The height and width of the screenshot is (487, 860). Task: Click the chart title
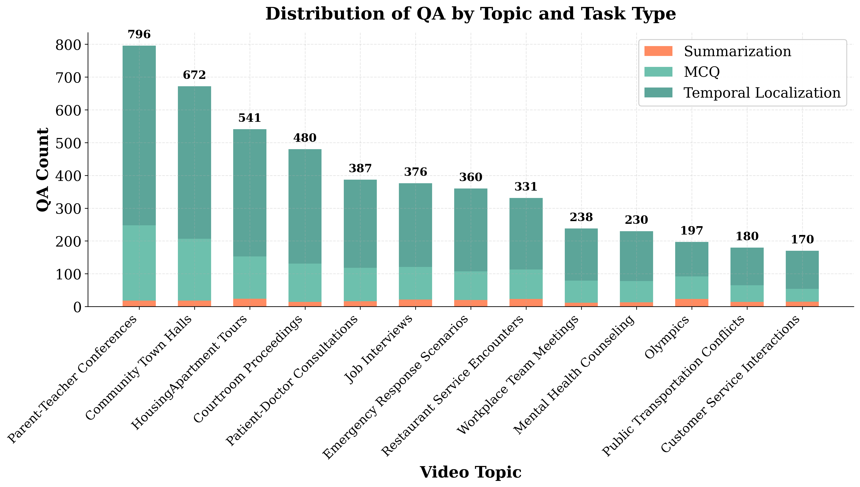pyautogui.click(x=470, y=14)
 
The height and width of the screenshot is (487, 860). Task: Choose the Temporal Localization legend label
pyautogui.click(x=762, y=93)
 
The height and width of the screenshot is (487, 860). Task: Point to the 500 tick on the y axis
pyautogui.click(x=69, y=143)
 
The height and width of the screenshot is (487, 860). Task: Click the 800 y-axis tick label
pyautogui.click(x=69, y=45)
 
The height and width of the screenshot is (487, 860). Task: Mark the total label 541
pyautogui.click(x=249, y=118)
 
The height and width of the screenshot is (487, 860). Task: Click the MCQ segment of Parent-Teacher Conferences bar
pyautogui.click(x=139, y=263)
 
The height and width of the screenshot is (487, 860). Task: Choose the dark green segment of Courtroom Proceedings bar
pyautogui.click(x=305, y=206)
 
